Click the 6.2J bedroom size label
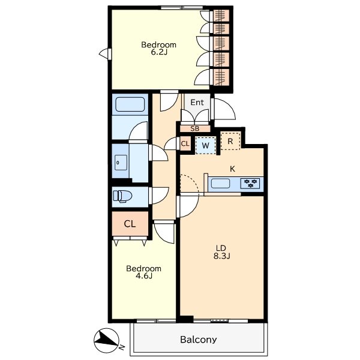pos(159,52)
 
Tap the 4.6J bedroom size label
pos(144,276)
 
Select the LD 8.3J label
pos(222,252)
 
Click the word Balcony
pos(199,340)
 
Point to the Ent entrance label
pos(197,103)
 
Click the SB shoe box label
pos(194,129)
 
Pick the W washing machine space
pos(205,145)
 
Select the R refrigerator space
pos(230,141)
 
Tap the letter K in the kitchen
pos(232,169)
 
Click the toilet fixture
pos(122,197)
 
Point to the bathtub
pos(130,104)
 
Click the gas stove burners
pos(250,184)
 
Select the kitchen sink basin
pos(220,184)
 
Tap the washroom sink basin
pos(121,163)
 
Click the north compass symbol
pos(107,340)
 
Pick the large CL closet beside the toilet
pos(130,224)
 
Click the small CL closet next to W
pos(185,144)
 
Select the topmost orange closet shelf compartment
pos(221,16)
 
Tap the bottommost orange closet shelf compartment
pos(221,77)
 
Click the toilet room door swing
pos(159,196)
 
